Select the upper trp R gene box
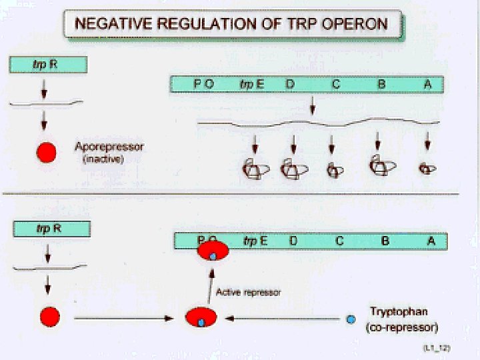tap(48, 65)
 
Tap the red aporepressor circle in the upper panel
tap(46, 152)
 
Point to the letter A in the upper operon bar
tap(427, 85)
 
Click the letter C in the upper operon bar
tap(336, 85)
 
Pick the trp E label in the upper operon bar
tap(251, 85)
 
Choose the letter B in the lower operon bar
tap(385, 241)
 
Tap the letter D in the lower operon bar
tap(293, 241)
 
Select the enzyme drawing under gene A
tap(427, 169)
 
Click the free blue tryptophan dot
tap(351, 320)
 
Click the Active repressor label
tap(249, 292)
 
